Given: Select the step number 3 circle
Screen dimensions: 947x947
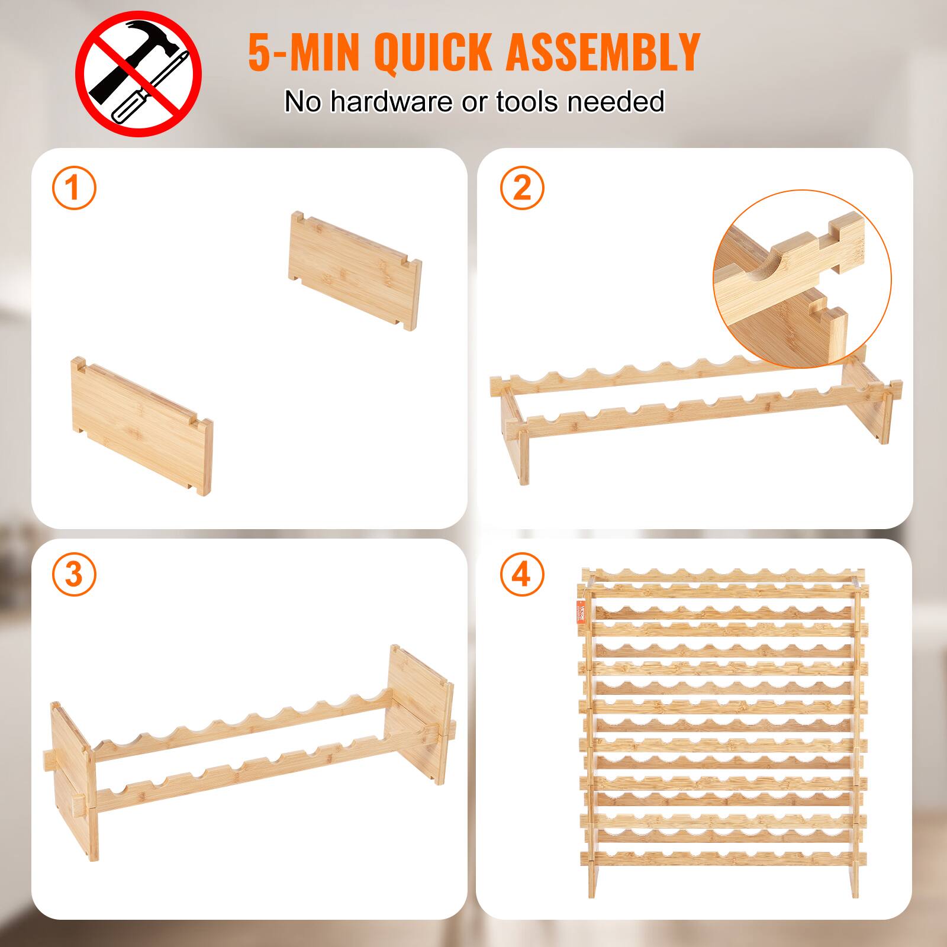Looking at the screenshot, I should tap(73, 574).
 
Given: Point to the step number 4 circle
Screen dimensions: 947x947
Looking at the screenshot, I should tap(521, 574).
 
